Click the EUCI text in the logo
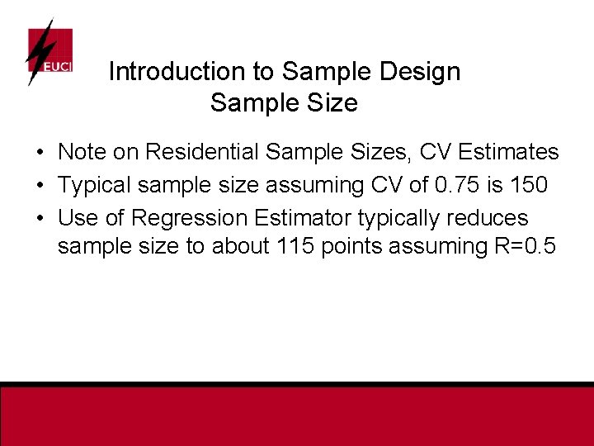tap(58, 66)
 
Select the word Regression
tap(189, 218)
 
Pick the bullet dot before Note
tap(40, 153)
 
